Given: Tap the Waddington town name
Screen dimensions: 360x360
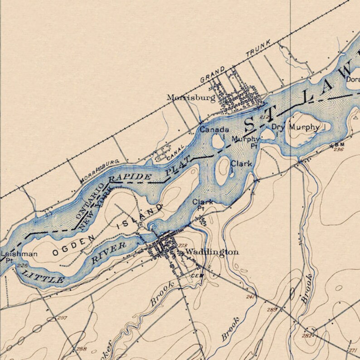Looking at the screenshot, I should (212, 252).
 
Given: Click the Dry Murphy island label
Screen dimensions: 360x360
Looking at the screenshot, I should (296, 127).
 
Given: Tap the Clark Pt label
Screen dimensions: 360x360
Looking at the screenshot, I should (202, 204).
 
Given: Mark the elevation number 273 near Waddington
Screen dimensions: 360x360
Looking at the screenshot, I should (182, 245).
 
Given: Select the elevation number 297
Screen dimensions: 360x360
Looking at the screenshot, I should (62, 318).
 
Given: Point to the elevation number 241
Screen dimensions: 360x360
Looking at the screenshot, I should (250, 297).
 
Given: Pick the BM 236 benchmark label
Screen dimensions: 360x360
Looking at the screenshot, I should (339, 147).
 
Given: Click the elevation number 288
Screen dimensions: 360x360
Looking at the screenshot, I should (81, 349).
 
